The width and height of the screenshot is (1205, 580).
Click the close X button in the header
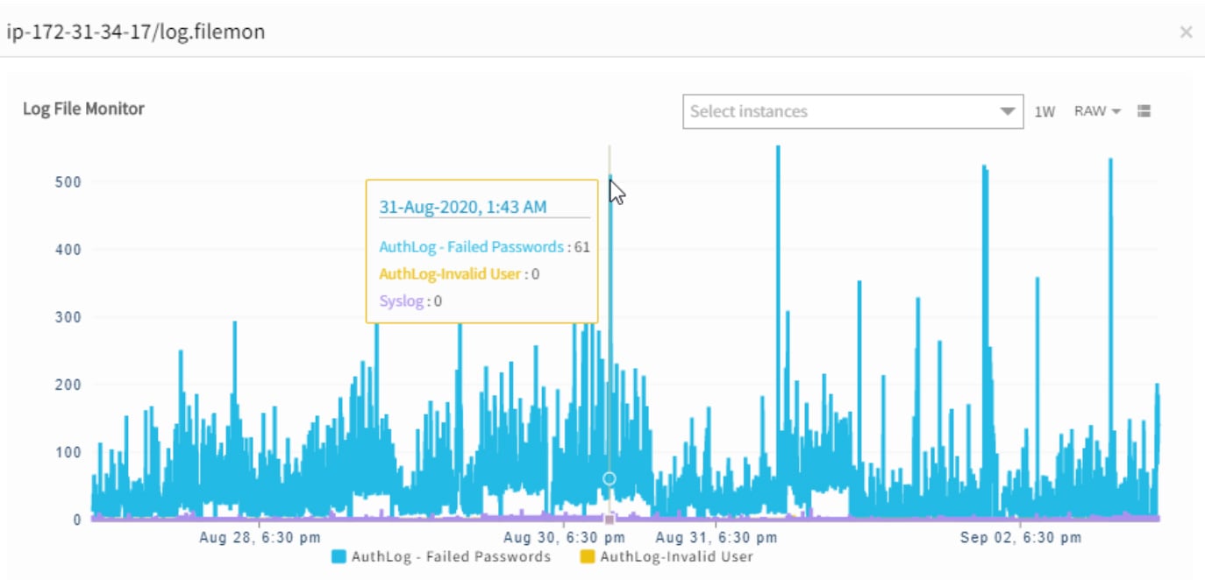1186,32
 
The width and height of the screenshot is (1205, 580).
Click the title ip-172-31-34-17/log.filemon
136,32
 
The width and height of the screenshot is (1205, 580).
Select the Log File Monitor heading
83,109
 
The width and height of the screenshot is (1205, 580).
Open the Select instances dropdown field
852,111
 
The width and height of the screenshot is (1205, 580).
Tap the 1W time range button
1044,111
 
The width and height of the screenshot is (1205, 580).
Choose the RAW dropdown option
1097,111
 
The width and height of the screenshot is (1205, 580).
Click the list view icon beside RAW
1144,111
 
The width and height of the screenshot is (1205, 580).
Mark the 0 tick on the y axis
77,520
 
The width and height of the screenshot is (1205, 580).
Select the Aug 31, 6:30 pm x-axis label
716,537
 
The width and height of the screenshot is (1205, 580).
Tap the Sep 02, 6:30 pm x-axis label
1020,537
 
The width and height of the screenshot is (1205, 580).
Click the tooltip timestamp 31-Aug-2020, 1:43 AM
462,207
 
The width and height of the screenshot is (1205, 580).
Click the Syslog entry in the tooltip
401,301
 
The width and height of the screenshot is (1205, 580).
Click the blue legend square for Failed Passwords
339,556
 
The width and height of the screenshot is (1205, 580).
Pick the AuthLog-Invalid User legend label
676,556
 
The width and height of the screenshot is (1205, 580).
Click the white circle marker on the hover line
610,478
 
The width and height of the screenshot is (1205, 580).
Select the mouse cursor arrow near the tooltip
617,192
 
